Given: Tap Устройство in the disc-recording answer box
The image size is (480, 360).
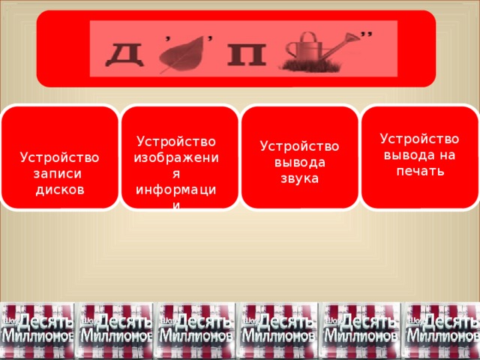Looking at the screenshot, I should pos(60,157).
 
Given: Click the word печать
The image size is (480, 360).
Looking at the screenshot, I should pos(420,170).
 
